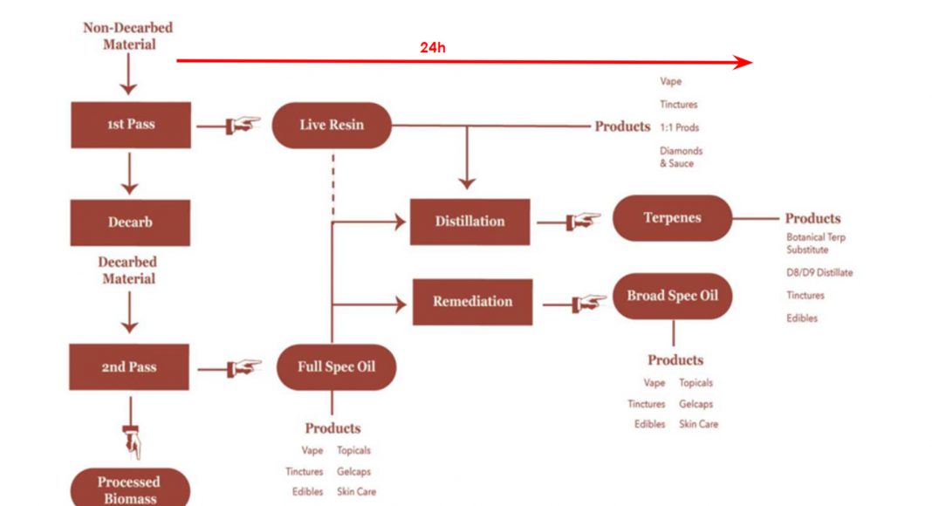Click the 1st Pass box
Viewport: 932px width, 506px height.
[130, 125]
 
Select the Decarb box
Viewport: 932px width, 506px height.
[130, 222]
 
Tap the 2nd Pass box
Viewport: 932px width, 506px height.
[129, 367]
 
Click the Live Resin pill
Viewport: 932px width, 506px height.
[332, 125]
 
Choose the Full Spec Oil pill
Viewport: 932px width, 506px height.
[336, 366]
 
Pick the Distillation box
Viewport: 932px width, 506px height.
[469, 222]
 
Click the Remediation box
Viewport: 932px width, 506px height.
[472, 302]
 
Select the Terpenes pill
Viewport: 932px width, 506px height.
[672, 218]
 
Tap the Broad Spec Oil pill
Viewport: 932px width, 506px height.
[672, 296]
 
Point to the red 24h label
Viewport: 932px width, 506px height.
[433, 47]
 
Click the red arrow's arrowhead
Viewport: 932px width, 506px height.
[743, 62]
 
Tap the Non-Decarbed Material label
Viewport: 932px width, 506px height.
[128, 36]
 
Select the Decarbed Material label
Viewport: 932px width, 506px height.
[127, 270]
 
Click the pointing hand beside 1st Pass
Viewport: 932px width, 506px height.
[242, 126]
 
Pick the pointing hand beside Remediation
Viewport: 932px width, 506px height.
[589, 304]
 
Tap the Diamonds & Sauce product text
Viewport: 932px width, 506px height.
[681, 157]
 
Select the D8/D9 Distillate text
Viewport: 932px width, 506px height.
[819, 272]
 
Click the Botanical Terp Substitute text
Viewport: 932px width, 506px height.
[815, 243]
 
